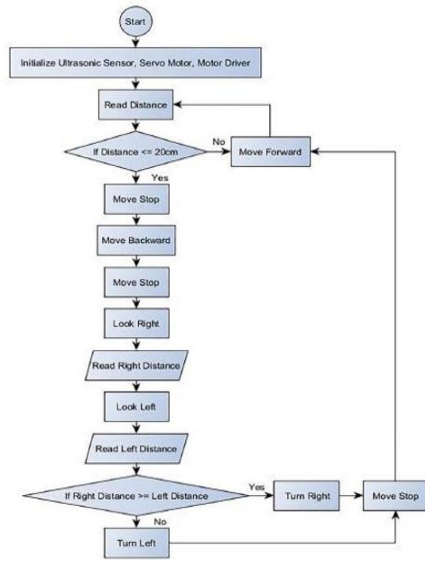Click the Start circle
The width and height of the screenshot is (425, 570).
pos(135,21)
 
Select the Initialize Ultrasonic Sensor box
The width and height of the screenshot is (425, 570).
pos(135,63)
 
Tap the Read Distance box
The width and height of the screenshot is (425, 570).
pos(135,105)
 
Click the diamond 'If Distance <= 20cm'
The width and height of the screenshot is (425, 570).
pos(135,152)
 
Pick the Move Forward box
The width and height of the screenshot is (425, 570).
pos(270,152)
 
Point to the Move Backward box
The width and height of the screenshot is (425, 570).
pos(136,240)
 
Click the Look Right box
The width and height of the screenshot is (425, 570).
pos(136,324)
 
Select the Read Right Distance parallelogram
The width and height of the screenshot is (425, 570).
pos(136,365)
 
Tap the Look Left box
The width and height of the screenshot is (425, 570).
pos(136,407)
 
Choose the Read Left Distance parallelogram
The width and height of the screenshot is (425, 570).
pos(136,449)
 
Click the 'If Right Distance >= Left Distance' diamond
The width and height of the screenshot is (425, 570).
pos(136,496)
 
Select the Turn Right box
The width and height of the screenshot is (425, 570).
pos(307,496)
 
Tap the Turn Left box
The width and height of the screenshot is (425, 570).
pos(136,543)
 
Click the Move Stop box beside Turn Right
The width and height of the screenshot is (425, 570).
pos(395,496)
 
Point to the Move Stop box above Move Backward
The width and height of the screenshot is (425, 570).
pos(136,199)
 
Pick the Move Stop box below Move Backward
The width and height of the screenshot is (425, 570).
pos(136,282)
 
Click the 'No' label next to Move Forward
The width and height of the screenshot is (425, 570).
pos(219,142)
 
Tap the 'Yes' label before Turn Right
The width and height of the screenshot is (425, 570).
pos(256,487)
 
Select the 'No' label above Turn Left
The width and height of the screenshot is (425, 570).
pos(160,522)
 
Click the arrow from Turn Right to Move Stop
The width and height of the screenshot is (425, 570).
pos(351,496)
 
